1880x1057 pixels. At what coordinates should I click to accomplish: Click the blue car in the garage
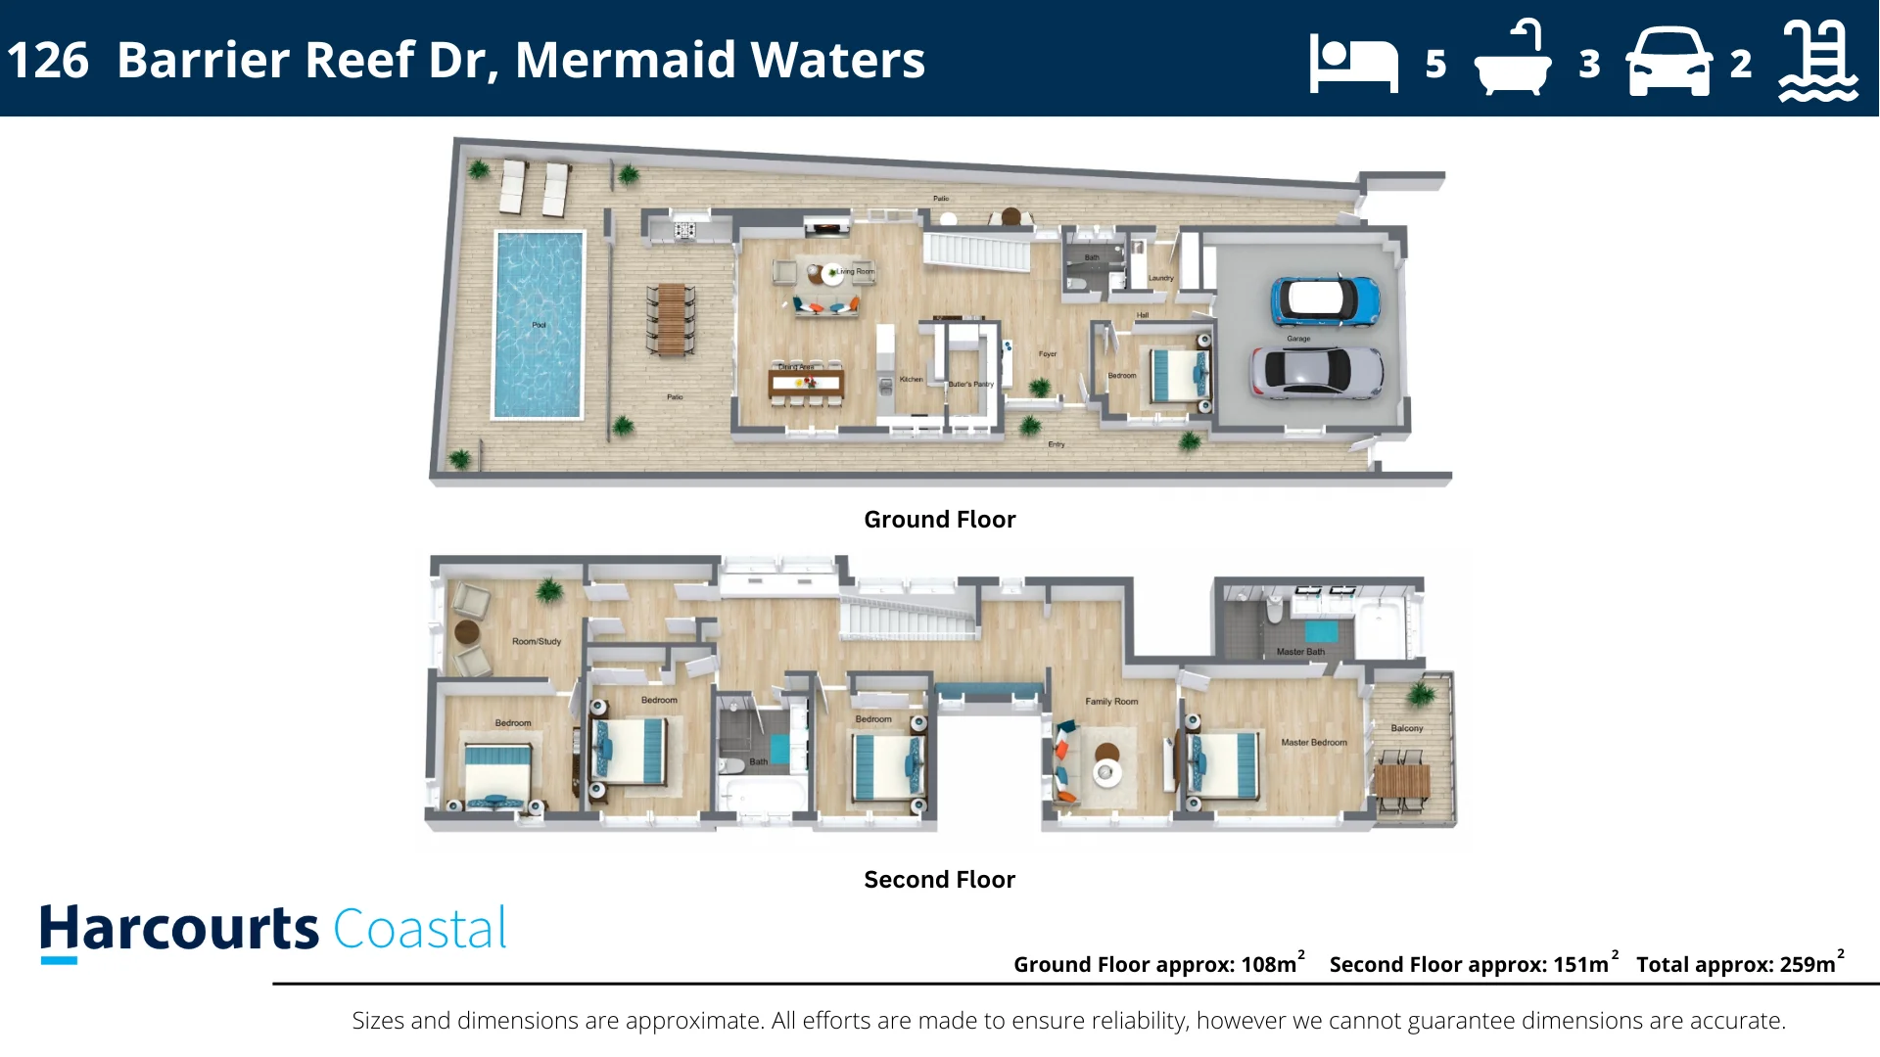1325,300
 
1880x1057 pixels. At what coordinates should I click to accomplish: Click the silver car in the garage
1316,372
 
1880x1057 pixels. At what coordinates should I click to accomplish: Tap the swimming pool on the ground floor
539,324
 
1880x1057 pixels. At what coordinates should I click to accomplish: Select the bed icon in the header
1353,64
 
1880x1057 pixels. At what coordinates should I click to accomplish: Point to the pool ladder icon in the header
1817,61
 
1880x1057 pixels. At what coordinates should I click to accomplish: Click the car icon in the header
1668,62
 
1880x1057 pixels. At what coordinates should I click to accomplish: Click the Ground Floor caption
939,520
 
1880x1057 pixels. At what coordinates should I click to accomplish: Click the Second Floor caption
939,880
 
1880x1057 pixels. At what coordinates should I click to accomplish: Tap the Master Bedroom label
1313,743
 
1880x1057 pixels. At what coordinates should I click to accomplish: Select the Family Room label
1111,702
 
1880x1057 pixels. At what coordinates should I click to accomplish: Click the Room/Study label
537,642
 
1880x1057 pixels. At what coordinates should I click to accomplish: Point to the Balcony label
1406,729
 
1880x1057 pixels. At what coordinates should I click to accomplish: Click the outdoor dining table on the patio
671,319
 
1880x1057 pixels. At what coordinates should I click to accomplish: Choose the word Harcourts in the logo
179,929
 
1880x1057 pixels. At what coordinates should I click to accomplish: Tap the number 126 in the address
48,60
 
